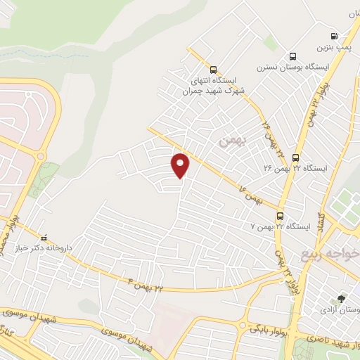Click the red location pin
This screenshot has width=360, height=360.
(x=181, y=165)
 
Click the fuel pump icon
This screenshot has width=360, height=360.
(x=333, y=36)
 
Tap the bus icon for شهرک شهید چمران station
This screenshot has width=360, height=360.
(x=213, y=70)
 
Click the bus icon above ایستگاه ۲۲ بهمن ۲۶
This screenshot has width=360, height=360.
(x=296, y=157)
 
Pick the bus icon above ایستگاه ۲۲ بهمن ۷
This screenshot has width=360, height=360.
(x=281, y=216)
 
